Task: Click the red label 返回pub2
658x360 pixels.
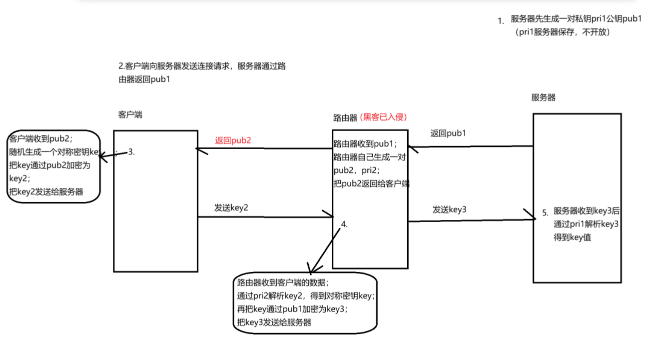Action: (x=233, y=140)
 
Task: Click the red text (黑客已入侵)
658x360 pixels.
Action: (x=383, y=117)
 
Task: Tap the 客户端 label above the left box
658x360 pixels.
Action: (x=130, y=114)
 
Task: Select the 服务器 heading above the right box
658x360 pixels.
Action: (x=544, y=97)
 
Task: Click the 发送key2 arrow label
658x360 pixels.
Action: (x=231, y=208)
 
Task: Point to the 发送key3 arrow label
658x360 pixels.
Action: (x=450, y=209)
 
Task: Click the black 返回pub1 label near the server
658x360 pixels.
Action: (x=448, y=133)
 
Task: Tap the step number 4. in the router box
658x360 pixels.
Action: (x=344, y=224)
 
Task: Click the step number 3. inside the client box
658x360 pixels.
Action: (x=131, y=152)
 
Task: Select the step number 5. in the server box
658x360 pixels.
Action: (x=546, y=213)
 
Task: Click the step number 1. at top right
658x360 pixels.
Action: (x=501, y=21)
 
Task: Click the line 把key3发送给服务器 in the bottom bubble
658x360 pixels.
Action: (x=274, y=322)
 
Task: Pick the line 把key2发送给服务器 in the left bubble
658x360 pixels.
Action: (x=46, y=192)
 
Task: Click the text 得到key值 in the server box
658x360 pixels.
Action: (x=572, y=237)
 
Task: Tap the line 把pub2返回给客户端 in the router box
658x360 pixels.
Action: (x=371, y=183)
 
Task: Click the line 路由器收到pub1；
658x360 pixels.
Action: (x=365, y=143)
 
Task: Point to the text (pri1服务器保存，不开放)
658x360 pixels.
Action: (x=562, y=32)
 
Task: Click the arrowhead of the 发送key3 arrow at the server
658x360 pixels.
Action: (x=535, y=218)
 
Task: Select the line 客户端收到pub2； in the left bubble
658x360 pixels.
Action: (x=41, y=138)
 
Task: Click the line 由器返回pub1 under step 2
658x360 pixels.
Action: (x=144, y=79)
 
